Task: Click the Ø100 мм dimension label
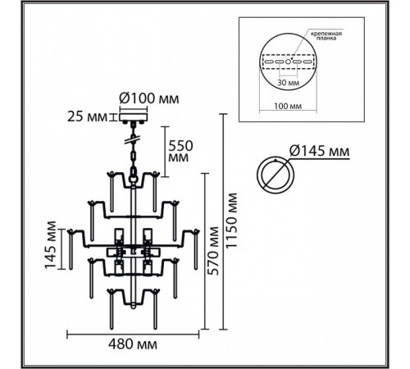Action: click(149, 98)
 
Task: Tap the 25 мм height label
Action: click(87, 117)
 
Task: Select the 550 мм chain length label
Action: click(180, 152)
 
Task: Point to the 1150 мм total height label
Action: click(231, 221)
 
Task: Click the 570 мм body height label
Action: click(213, 251)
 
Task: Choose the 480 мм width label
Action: click(133, 344)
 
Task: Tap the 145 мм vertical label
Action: click(51, 245)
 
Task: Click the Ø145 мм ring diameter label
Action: click(319, 151)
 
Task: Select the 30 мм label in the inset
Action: click(289, 82)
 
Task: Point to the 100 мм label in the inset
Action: click(288, 106)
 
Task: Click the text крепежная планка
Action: click(326, 36)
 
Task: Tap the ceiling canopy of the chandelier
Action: click(134, 117)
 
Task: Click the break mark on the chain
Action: click(134, 139)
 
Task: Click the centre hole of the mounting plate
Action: click(289, 61)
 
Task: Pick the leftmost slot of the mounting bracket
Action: click(269, 61)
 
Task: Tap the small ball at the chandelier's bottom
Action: click(133, 306)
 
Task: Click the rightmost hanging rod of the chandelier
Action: click(196, 249)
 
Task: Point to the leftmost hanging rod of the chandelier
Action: click(71, 249)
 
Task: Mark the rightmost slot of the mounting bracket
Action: click(307, 61)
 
